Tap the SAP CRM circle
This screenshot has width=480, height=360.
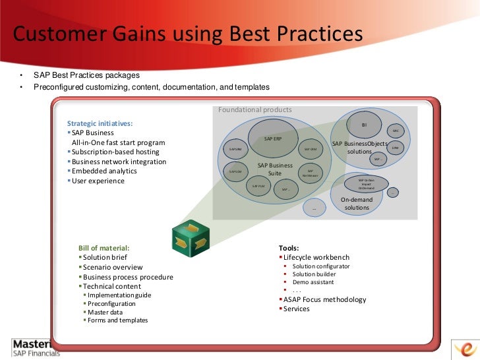click(x=310, y=150)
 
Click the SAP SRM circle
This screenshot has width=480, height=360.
click(x=235, y=150)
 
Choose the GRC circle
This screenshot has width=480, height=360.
click(x=396, y=131)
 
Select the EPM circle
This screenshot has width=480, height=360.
click(x=395, y=148)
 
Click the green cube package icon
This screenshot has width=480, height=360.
click(x=191, y=237)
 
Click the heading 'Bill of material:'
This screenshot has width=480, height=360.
click(x=100, y=248)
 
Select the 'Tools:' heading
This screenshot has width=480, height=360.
click(x=289, y=248)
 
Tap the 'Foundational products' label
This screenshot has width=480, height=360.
click(x=255, y=109)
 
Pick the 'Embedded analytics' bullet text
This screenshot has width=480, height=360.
click(x=104, y=171)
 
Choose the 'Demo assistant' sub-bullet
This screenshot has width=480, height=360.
click(x=313, y=282)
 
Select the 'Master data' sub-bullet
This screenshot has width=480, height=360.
click(x=105, y=312)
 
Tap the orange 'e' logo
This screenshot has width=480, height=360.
click(x=465, y=347)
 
